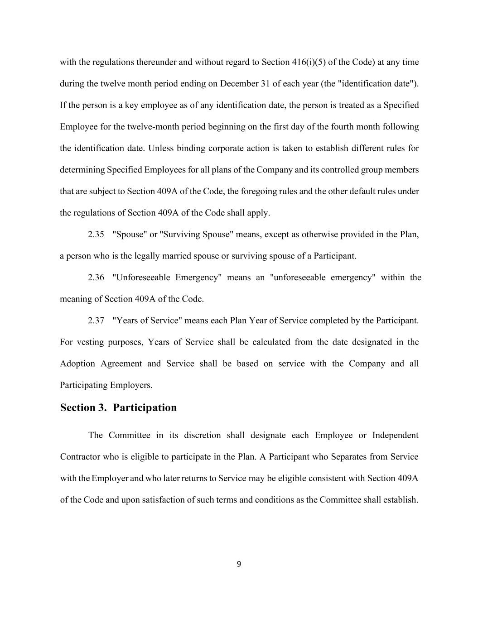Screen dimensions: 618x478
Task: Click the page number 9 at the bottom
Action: [x=239, y=564]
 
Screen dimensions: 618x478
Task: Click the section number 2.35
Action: [x=96, y=235]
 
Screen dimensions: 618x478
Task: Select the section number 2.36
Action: [x=96, y=278]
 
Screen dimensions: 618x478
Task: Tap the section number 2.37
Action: [x=96, y=321]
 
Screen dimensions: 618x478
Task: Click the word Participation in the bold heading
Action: [x=145, y=407]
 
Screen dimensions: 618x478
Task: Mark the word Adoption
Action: [x=77, y=364]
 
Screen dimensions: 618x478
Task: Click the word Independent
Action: [x=395, y=436]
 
